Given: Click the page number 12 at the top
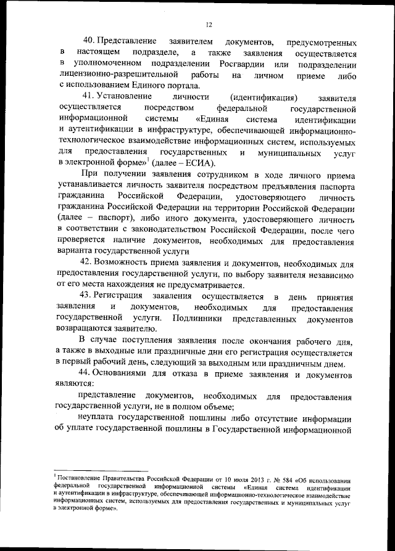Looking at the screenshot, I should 209,24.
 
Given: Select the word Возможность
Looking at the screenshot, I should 129,263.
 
